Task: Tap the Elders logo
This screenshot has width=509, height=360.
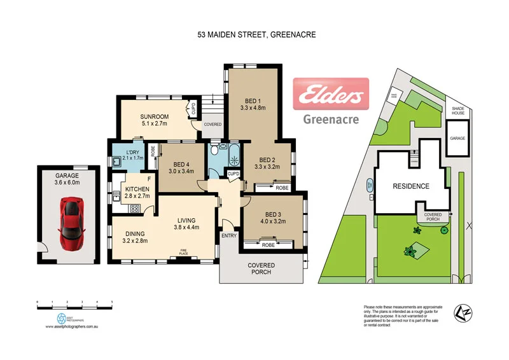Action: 330,95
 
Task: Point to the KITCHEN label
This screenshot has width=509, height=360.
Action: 137,189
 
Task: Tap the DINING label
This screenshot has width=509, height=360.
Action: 136,233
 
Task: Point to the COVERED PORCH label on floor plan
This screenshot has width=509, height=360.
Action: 260,268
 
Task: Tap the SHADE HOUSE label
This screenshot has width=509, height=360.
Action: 457,111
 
